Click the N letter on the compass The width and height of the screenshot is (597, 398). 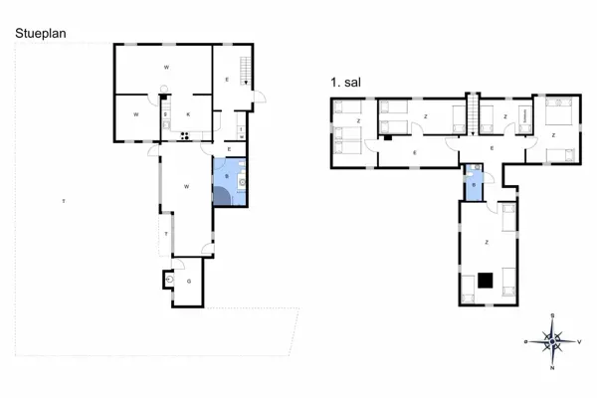551,368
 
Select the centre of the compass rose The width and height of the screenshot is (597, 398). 551,341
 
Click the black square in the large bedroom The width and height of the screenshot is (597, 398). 486,280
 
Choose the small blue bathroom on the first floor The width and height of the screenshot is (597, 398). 475,184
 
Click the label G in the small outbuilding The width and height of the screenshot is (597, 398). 189,282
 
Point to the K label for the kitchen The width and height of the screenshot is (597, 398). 188,115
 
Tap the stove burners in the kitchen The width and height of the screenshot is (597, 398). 185,134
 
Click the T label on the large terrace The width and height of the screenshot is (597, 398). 63,202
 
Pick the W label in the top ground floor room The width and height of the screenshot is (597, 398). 164,67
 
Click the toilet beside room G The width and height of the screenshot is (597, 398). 171,282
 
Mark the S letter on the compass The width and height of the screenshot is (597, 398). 551,315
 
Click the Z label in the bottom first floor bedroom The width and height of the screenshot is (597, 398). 486,242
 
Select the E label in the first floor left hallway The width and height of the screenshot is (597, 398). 414,152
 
